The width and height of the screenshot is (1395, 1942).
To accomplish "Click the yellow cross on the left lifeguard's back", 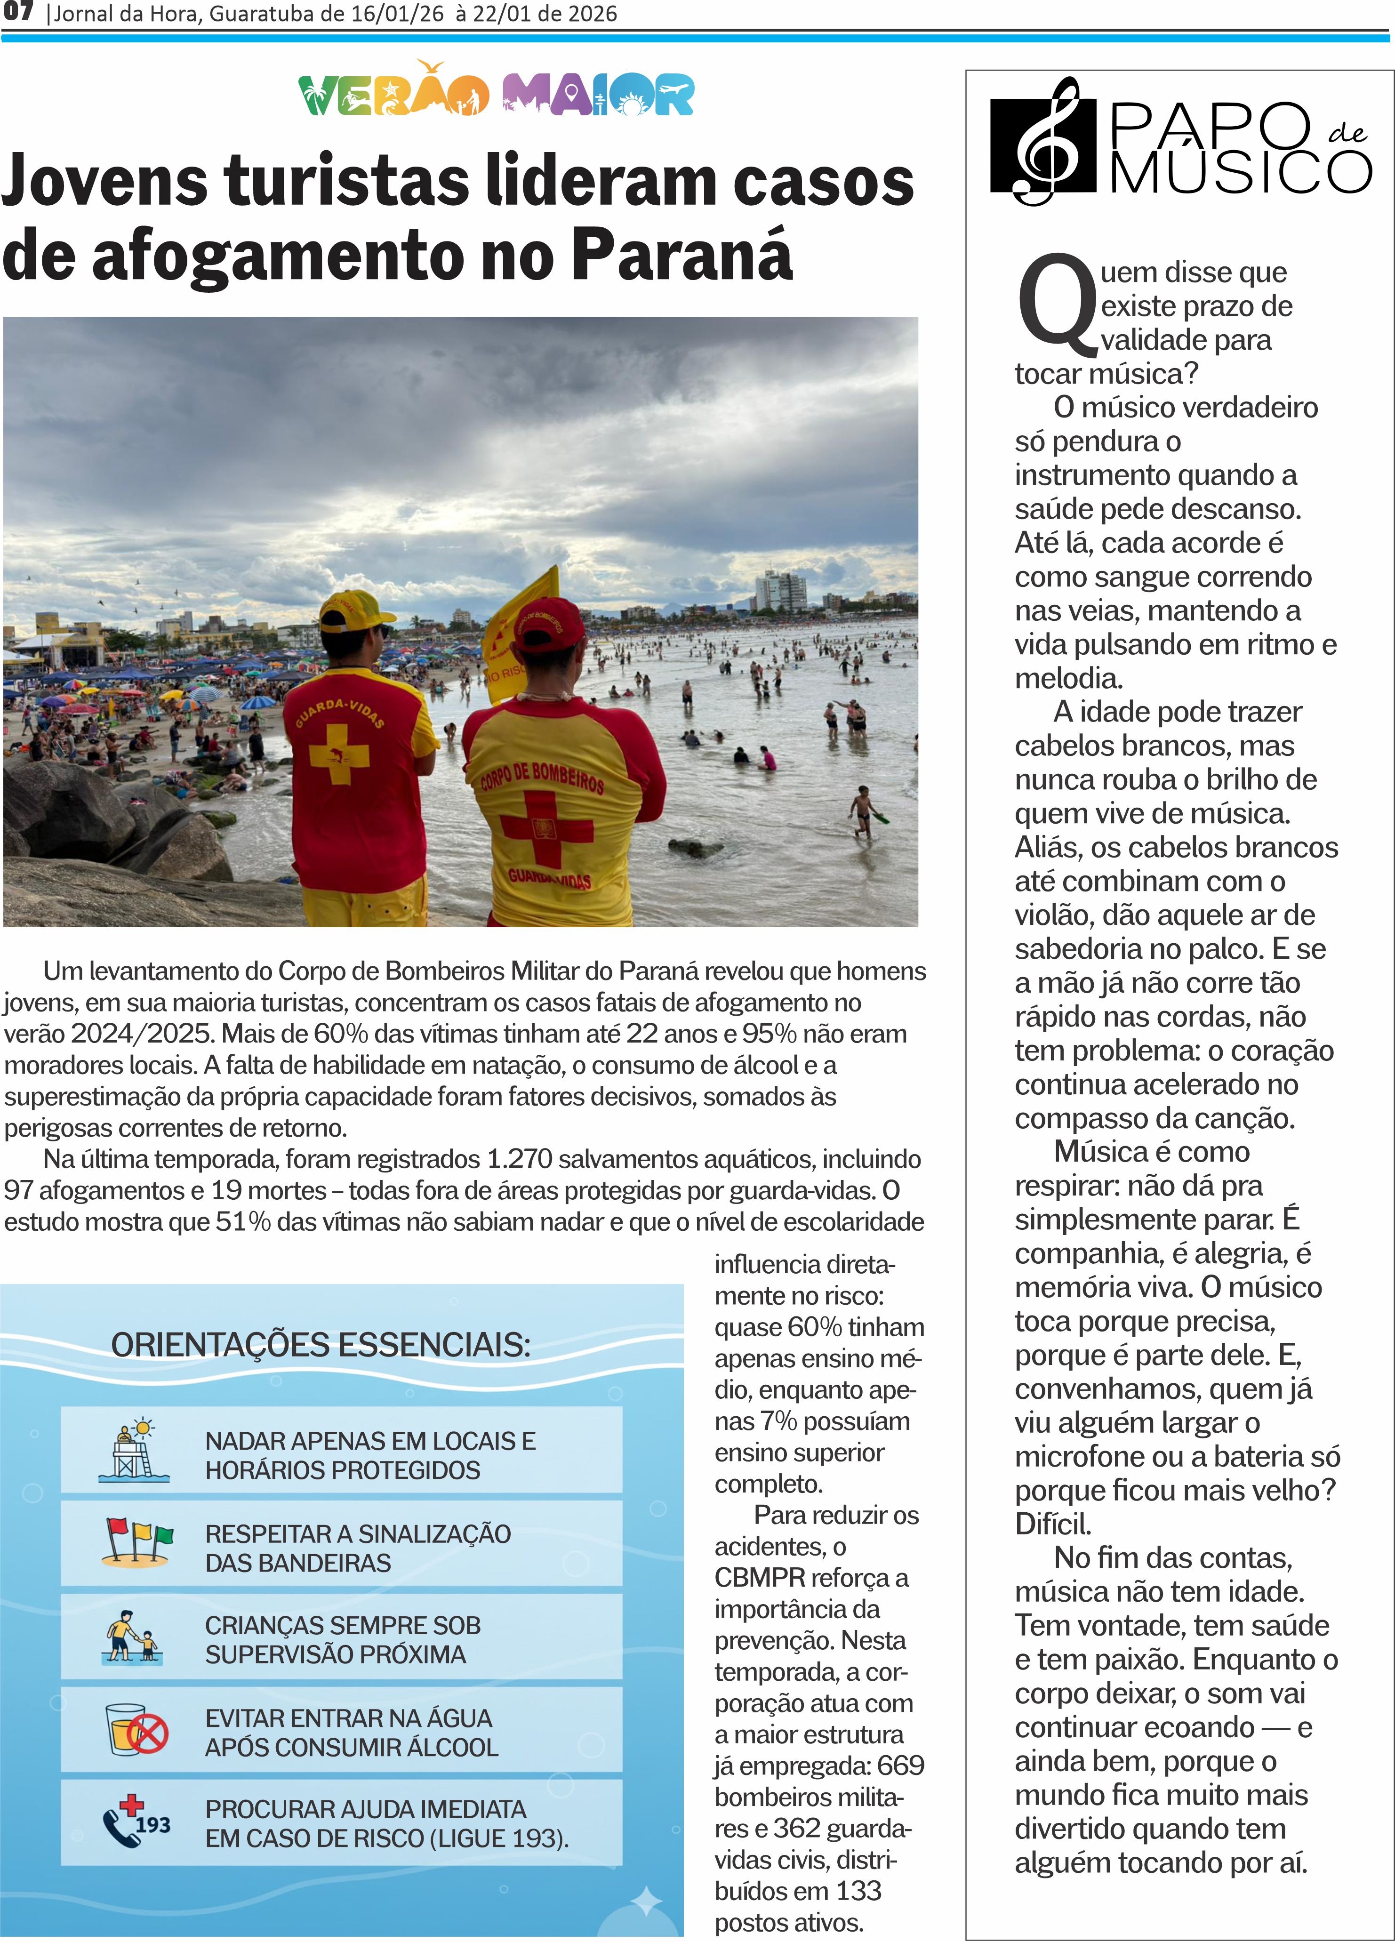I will pyautogui.click(x=339, y=754).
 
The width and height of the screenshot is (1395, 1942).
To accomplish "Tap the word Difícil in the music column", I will pyautogui.click(x=1052, y=1524).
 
